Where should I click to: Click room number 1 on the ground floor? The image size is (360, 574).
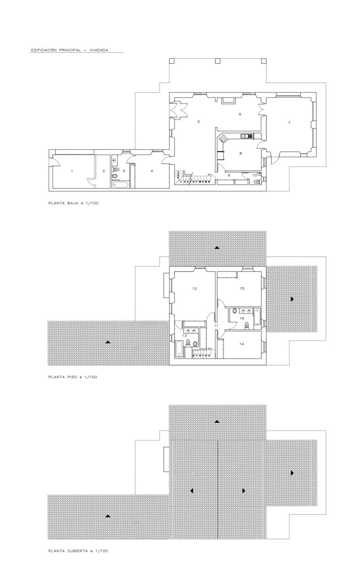tap(72, 171)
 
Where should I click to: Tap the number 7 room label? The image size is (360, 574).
tap(289, 123)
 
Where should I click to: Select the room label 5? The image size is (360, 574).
tap(198, 122)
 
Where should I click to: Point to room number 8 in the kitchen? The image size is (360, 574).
tap(240, 154)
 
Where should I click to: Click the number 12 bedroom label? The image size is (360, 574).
tap(194, 288)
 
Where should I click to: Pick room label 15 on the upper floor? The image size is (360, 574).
tap(242, 288)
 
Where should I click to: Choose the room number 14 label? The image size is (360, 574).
tap(242, 344)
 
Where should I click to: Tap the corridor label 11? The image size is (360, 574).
tap(216, 325)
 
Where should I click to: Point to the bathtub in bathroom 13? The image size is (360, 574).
tap(179, 349)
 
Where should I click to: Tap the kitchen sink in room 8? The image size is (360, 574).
tap(246, 136)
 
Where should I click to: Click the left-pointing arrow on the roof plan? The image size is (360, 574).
tap(191, 491)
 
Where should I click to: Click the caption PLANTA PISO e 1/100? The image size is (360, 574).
tap(73, 377)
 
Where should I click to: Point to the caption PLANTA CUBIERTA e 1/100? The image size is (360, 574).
tap(78, 551)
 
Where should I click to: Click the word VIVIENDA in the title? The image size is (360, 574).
tap(98, 49)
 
